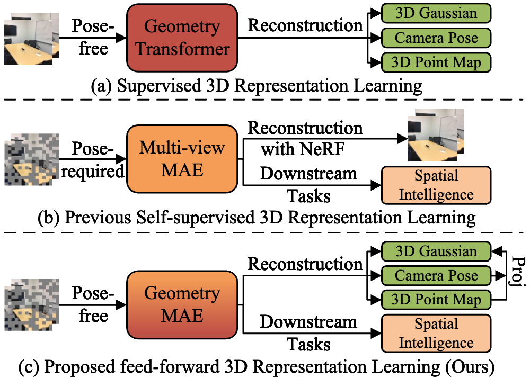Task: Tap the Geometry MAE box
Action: point(182,305)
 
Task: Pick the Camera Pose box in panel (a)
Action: point(436,38)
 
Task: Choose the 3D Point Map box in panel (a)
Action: point(436,62)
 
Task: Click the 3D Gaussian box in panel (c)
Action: point(436,251)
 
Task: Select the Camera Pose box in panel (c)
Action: point(436,276)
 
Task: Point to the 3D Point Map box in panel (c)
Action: point(436,300)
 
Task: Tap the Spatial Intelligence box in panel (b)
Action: point(436,185)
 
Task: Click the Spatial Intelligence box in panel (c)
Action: point(436,333)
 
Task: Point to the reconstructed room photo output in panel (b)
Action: point(436,135)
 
